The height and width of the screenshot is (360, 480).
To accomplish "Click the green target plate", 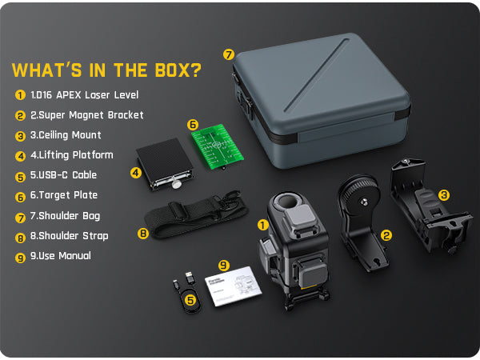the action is click(x=218, y=146).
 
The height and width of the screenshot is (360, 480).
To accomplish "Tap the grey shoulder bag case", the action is click(x=321, y=101).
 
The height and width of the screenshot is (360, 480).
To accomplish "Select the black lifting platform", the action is click(x=164, y=164).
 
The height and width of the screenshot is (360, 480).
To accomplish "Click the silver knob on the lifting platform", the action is click(x=176, y=184).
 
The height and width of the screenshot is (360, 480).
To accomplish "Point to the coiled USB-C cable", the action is click(x=188, y=294).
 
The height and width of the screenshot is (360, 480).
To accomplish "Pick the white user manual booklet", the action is click(x=234, y=286).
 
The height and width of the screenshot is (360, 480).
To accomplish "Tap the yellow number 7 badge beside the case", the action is click(x=228, y=54).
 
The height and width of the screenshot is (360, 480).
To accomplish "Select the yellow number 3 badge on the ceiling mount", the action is click(x=443, y=194).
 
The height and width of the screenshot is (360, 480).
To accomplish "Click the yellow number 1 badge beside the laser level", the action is click(x=262, y=226).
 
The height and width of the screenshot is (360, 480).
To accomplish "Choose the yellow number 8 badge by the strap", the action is click(x=143, y=234).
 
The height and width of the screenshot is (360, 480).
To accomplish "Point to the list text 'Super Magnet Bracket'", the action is click(x=91, y=115).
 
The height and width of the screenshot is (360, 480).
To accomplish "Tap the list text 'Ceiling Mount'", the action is click(x=70, y=135).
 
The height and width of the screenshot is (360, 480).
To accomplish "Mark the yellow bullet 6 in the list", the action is click(x=20, y=197).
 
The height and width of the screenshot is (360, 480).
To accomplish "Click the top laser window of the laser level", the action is click(x=288, y=202).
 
